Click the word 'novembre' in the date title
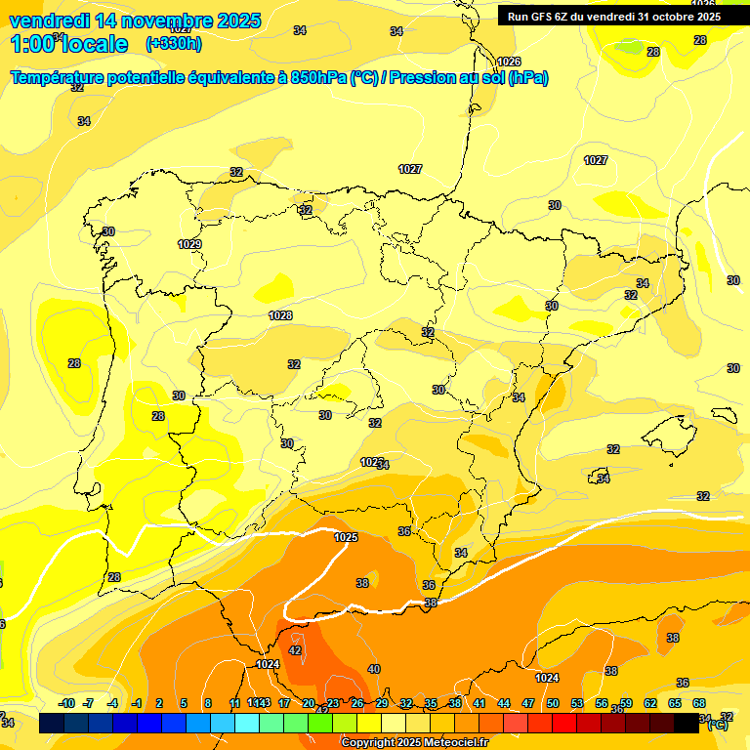(x=165, y=21)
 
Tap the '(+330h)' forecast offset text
(x=173, y=44)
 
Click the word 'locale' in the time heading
(x=96, y=44)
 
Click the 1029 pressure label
(x=189, y=244)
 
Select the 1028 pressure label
(x=280, y=315)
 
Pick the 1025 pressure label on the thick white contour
(x=346, y=537)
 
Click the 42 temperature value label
(x=295, y=650)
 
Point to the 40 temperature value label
(x=373, y=669)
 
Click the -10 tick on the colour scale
(x=67, y=703)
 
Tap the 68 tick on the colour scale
(x=699, y=703)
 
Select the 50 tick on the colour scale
(x=553, y=703)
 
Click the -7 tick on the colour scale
(x=88, y=703)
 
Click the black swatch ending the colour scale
(x=687, y=723)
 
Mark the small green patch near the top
(x=630, y=46)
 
